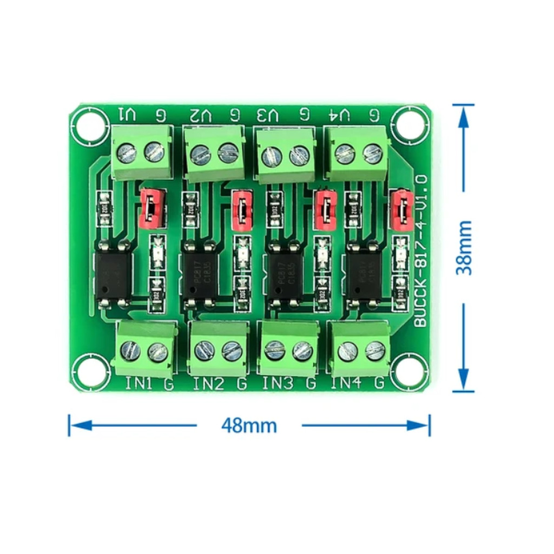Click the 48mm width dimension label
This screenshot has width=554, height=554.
click(249, 426)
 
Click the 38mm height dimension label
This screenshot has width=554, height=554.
click(464, 248)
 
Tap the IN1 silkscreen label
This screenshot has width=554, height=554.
click(139, 384)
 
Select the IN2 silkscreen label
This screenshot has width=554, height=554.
click(208, 384)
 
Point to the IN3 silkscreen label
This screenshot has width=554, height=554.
click(278, 384)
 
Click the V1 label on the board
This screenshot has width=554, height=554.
click(128, 115)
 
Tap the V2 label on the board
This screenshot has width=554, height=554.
click(201, 115)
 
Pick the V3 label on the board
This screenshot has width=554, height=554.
click(268, 115)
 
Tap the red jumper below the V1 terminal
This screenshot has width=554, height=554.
click(151, 208)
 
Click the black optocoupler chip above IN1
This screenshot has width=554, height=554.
click(113, 274)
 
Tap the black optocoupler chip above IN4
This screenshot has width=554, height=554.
click(363, 274)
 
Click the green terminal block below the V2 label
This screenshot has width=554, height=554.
click(214, 154)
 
